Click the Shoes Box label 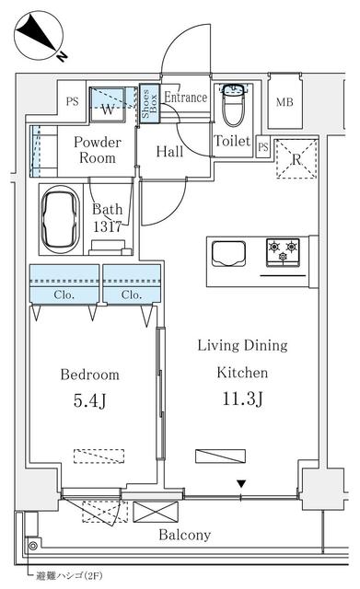click(146, 103)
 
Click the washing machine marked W click(109, 108)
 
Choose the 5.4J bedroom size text click(90, 400)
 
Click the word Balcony click(184, 535)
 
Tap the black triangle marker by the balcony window click(241, 484)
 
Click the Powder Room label click(97, 150)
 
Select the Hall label click(168, 151)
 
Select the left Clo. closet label click(64, 295)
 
